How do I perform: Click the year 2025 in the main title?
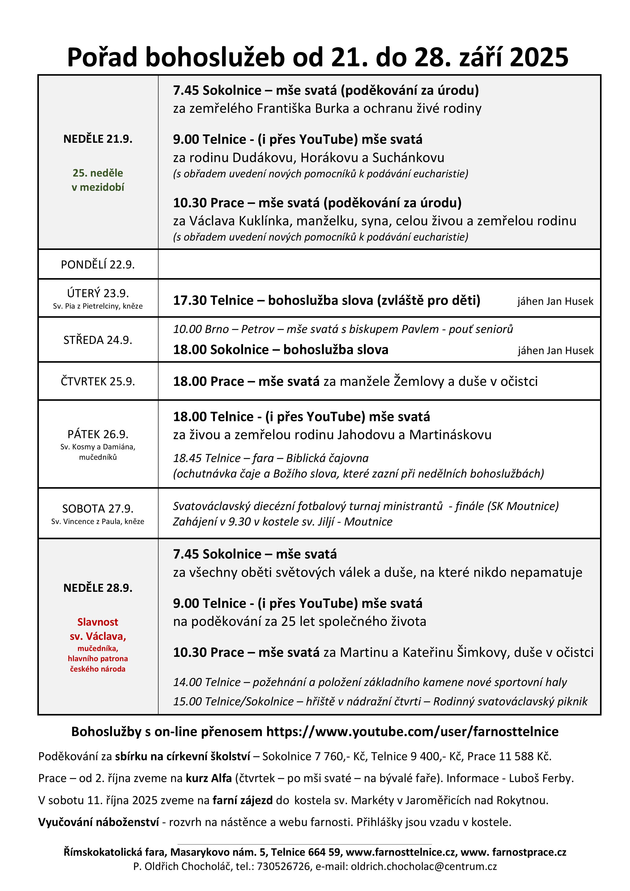coord(539,57)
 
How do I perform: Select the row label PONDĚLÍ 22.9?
coord(98,265)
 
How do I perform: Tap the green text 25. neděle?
coord(98,173)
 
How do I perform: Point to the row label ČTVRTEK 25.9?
coord(98,381)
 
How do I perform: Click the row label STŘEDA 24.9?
coord(98,340)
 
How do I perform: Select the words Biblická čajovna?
coord(327,458)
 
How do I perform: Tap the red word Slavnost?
coord(98,622)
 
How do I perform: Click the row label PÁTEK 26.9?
coord(98,434)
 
